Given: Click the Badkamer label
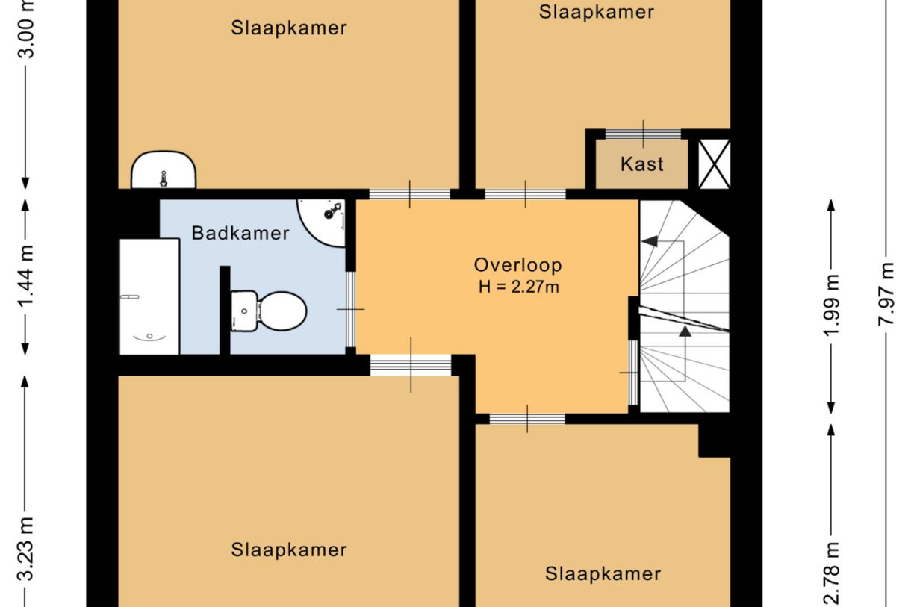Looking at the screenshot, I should pos(240,233).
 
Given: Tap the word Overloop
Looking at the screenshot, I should pos(517,265).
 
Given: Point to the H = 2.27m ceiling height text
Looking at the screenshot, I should pos(518,287).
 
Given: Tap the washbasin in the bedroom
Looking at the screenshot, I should pos(164,171).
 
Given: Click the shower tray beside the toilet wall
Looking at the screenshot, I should pos(149,296).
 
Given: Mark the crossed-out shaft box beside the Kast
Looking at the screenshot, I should pos(713,164).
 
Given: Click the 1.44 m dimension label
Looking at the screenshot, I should pos(26,276).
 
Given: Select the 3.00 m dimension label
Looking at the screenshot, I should pos(26,30).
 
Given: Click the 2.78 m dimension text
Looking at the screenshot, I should pos(833,575).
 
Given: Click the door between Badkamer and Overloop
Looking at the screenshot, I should pos(350,309).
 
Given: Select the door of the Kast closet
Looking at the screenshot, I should pos(643,134).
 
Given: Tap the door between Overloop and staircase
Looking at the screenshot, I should pos(633,372).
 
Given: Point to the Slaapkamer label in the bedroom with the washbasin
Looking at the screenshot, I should pos(288,28).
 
